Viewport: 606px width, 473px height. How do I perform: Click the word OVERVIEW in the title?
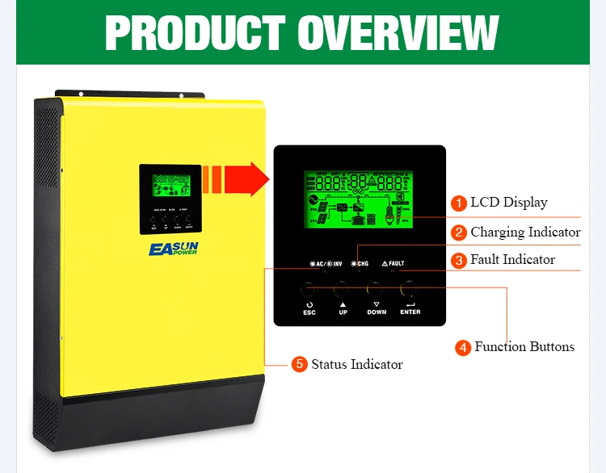pos(398,31)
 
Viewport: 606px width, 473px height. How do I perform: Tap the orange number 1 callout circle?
pos(459,203)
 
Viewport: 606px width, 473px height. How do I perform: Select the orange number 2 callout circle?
pos(459,232)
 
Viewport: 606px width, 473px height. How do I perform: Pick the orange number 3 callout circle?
pos(459,260)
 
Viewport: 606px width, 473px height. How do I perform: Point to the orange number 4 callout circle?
pos(463,347)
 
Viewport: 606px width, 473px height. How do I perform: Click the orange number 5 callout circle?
pos(300,365)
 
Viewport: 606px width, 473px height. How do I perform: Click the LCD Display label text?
pos(509,203)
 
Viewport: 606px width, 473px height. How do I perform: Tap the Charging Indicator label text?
pos(525,232)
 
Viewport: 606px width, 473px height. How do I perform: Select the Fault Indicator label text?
pos(512,260)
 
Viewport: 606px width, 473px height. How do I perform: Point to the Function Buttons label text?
pos(524,347)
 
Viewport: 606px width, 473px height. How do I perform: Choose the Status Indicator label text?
pos(356,365)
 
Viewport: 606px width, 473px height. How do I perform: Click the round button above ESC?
pos(309,287)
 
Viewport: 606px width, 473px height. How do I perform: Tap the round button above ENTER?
pos(410,287)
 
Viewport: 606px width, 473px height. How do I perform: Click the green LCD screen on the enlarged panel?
pos(359,199)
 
